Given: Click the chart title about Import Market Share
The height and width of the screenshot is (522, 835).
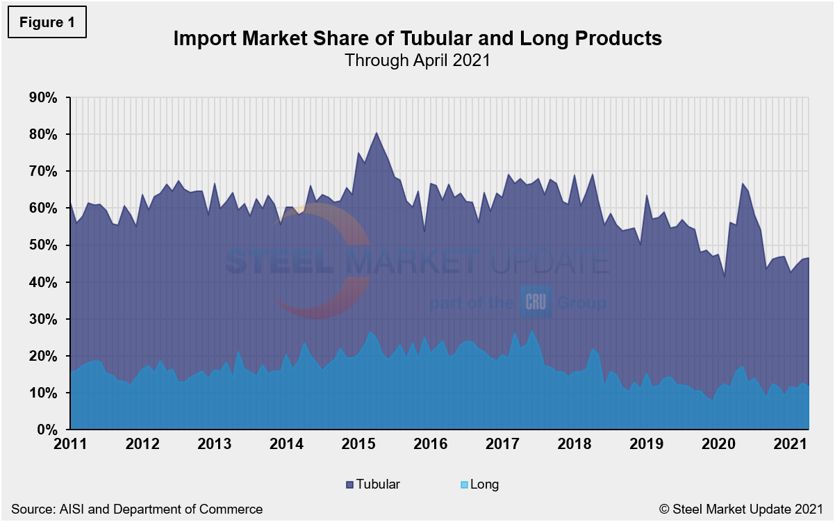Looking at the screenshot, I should [417, 38].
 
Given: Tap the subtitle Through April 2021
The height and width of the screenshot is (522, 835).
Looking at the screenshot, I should [417, 60].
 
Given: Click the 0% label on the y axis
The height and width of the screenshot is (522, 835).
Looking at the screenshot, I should [47, 430].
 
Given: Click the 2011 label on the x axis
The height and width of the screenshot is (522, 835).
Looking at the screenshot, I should [70, 444].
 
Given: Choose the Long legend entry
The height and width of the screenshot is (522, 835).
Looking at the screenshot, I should [479, 484].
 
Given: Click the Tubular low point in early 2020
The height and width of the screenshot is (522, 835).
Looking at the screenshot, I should [723, 277].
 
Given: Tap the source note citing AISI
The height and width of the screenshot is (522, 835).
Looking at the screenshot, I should [137, 509].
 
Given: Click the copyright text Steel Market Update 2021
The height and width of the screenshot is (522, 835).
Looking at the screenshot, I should [742, 509].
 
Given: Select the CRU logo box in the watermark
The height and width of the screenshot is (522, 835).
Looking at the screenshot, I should [536, 303].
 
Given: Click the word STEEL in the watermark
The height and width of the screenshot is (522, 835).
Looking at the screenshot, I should [281, 262].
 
